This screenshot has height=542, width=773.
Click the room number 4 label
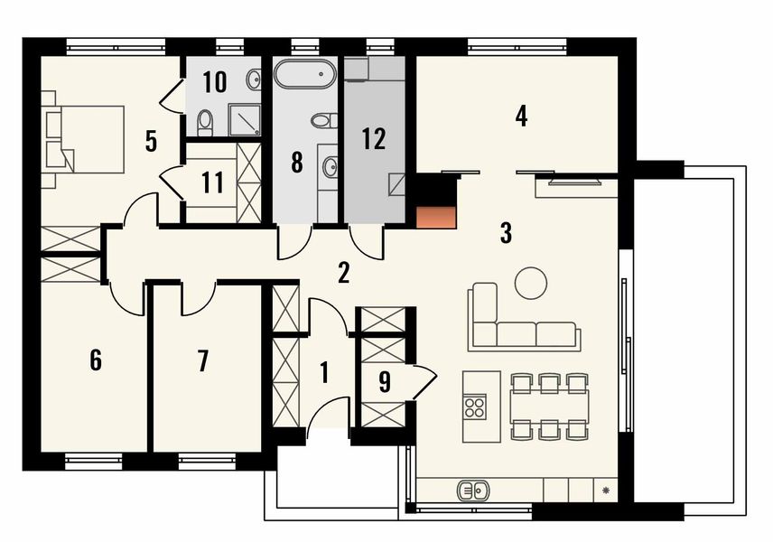click(519, 116)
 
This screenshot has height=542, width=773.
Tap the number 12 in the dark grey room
click(373, 139)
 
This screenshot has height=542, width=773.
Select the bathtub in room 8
click(304, 74)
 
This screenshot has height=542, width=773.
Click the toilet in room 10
click(206, 120)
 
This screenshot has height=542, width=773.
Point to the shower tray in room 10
click(245, 118)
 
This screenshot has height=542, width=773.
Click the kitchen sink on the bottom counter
click(473, 491)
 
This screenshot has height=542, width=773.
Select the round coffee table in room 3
click(531, 282)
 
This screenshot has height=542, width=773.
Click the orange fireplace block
click(437, 217)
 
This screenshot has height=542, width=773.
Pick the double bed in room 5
click(88, 139)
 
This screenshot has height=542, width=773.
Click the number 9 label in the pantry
click(385, 381)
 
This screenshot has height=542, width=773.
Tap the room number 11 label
click(212, 182)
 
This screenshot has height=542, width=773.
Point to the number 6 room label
click(96, 360)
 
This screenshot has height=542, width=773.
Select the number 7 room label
click(202, 361)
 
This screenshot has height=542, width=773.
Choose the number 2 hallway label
click(343, 272)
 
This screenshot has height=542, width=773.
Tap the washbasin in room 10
click(254, 79)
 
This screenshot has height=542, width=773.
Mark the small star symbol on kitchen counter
click(607, 491)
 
